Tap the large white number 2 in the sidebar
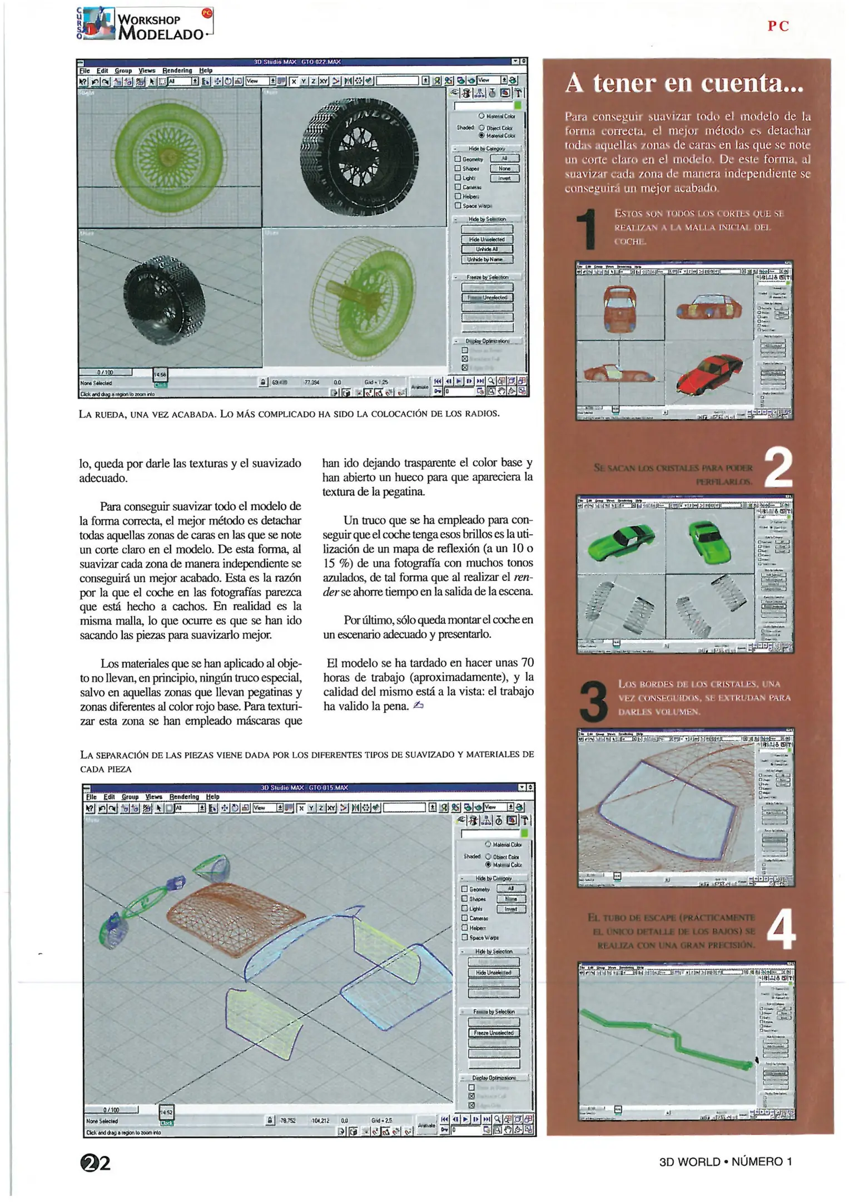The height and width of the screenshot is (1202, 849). click(778, 468)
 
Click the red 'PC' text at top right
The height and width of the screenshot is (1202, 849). click(778, 26)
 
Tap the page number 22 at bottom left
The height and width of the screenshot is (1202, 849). click(95, 1163)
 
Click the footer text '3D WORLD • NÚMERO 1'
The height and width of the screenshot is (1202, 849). click(725, 1161)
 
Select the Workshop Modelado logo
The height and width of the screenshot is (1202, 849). click(145, 24)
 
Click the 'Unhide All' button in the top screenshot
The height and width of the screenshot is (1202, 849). click(486, 249)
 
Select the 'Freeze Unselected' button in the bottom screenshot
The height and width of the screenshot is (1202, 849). click(494, 1032)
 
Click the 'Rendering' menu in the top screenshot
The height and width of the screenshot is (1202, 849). click(177, 71)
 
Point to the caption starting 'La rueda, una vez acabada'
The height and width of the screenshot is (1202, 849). click(289, 413)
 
